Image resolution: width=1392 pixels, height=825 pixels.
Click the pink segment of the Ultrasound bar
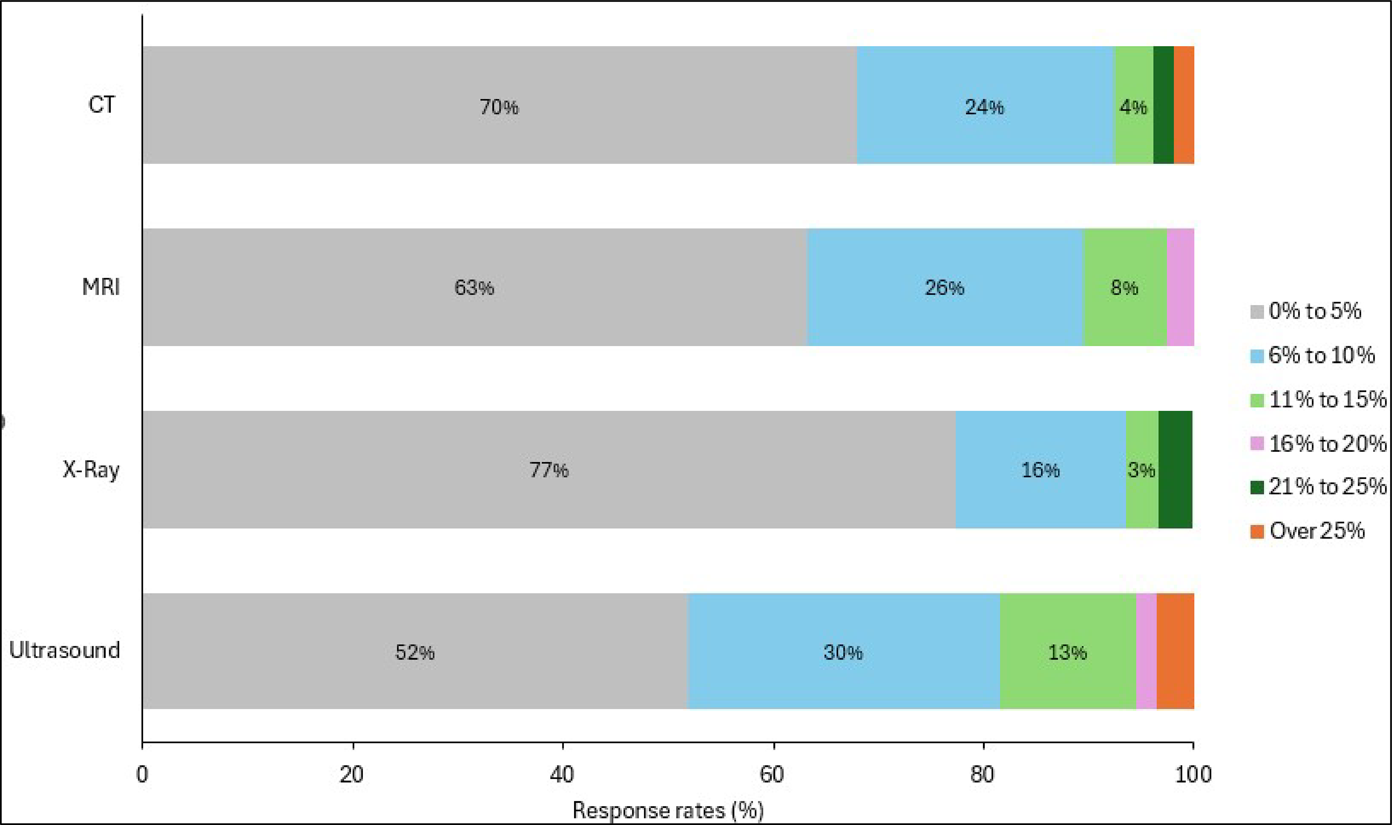[1146, 651]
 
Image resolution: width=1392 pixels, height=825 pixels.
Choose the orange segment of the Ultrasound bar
[1175, 651]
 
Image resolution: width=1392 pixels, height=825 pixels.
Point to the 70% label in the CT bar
[499, 107]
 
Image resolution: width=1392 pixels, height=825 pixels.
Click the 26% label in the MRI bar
[944, 287]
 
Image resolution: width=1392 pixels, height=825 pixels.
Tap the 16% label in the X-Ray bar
[1040, 470]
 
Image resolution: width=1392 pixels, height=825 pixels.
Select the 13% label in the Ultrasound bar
[1067, 652]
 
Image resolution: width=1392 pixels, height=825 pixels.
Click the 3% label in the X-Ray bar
[1141, 470]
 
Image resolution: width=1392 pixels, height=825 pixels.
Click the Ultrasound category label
[64, 650]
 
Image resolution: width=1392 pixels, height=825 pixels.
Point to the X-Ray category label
[91, 470]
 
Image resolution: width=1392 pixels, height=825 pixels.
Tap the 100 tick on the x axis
[1193, 774]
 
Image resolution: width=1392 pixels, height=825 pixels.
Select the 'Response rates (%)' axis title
[668, 810]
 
